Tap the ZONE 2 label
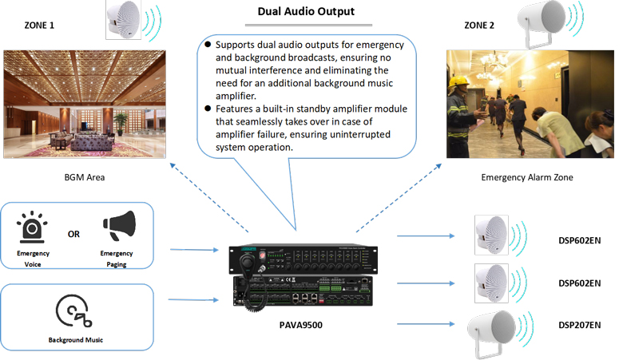[x=478, y=26]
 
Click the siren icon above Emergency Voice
[x=33, y=226]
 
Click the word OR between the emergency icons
[x=73, y=235]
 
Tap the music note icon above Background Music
[x=73, y=311]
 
